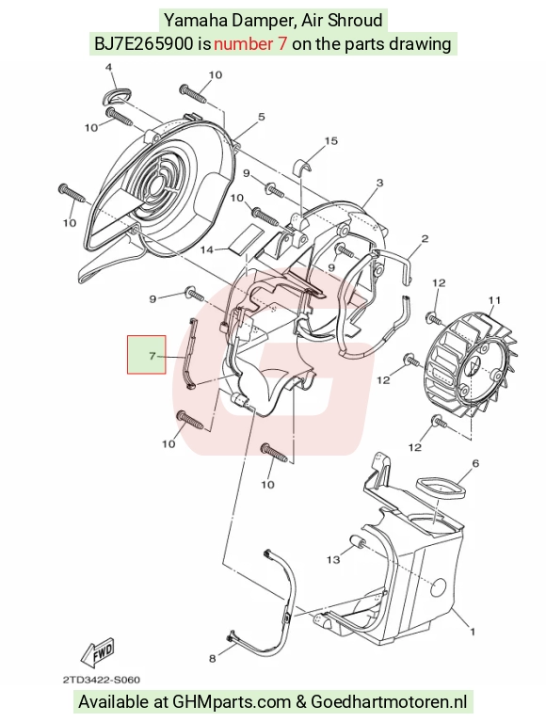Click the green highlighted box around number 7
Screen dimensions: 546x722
(x=147, y=355)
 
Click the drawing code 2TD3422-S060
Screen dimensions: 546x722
(x=102, y=680)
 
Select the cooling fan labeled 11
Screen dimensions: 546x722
(x=471, y=366)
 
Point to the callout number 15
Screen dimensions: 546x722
(x=331, y=140)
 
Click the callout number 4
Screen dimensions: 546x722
(x=108, y=67)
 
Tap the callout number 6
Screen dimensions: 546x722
(x=475, y=463)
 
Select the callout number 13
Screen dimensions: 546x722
(x=333, y=559)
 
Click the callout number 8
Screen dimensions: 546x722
(x=212, y=658)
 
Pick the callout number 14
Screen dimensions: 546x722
(x=207, y=249)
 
